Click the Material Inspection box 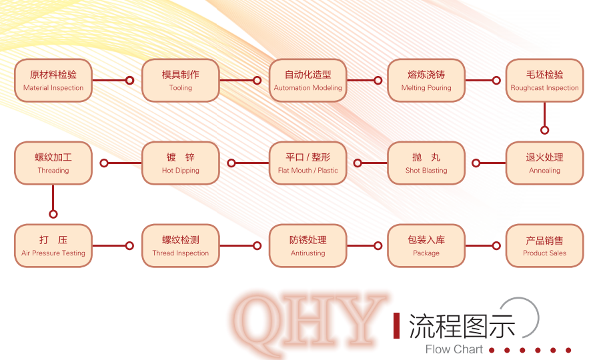[53, 81]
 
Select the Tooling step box [180, 81]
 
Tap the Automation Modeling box [308, 81]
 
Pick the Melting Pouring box [426, 81]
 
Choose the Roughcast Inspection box [545, 81]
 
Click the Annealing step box [545, 163]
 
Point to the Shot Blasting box [426, 163]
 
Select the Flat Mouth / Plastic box [308, 163]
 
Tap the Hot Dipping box [180, 163]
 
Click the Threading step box [53, 163]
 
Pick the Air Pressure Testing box [53, 246]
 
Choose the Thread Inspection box [180, 246]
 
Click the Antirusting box [308, 246]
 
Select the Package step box [426, 246]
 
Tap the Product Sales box [545, 246]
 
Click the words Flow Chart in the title [454, 349]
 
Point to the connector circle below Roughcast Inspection [545, 130]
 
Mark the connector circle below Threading [53, 214]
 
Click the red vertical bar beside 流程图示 [396, 325]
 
